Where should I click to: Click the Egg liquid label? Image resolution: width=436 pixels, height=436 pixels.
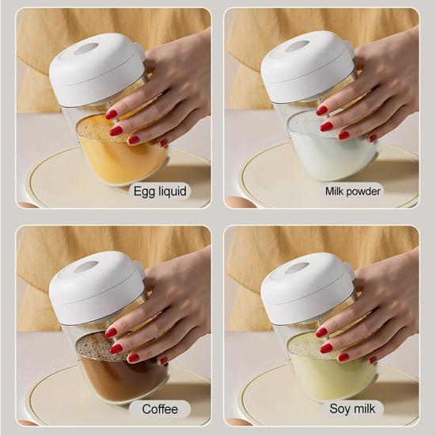(x=160, y=191)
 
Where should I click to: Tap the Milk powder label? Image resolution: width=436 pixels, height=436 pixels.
(x=353, y=191)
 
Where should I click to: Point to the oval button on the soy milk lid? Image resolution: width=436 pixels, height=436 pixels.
(x=298, y=266)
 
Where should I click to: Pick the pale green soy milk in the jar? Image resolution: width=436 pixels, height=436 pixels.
(x=328, y=376)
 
